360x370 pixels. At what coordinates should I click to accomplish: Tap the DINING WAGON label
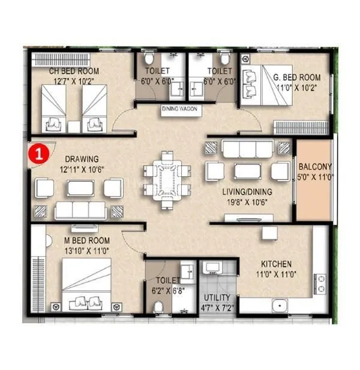click(x=181, y=110)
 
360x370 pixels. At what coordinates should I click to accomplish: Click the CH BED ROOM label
click(x=74, y=71)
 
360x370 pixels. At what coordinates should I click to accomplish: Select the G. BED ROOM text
click(x=297, y=77)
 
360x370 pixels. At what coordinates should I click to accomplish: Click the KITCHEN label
click(x=275, y=264)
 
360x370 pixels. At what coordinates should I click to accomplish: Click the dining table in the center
click(x=172, y=178)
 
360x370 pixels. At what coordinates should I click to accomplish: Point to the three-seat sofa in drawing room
click(x=80, y=210)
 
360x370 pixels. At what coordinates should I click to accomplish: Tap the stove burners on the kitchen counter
click(x=320, y=285)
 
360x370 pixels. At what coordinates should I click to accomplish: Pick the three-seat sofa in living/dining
click(x=245, y=148)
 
